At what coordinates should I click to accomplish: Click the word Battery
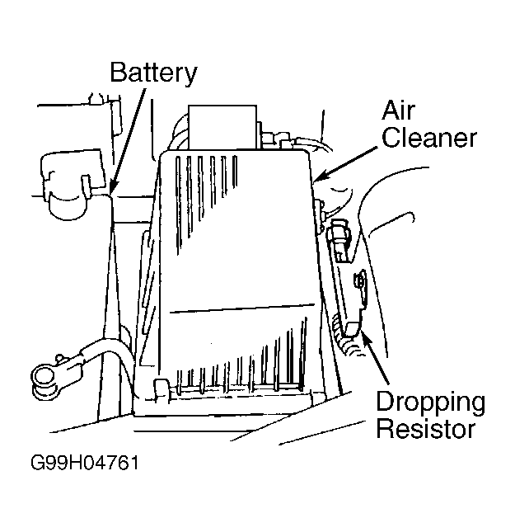point(153,73)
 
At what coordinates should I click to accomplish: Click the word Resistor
point(426,429)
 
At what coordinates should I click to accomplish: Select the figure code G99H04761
point(85,463)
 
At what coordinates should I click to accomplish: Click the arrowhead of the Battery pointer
point(113,190)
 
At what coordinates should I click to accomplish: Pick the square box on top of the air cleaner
point(222,127)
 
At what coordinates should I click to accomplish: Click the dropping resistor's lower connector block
point(353,328)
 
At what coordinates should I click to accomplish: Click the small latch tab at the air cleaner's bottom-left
point(162,388)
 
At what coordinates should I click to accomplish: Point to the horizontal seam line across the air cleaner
point(242,308)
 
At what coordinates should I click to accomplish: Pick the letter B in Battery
point(119,72)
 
